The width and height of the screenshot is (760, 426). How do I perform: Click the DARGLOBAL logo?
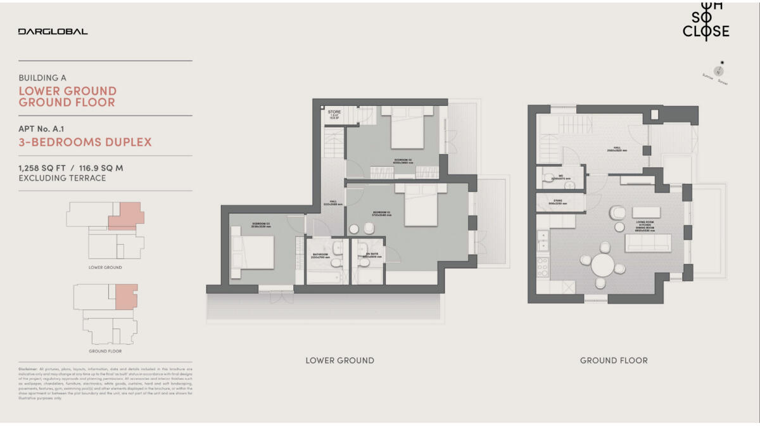point(53,31)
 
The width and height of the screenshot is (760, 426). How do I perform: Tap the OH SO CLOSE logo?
point(706,23)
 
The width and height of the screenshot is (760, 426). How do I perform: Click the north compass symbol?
point(719,70)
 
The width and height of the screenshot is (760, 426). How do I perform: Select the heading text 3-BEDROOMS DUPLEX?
point(85,142)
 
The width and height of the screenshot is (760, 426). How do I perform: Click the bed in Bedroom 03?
point(253,252)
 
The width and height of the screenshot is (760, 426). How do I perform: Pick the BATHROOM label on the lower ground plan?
point(319,257)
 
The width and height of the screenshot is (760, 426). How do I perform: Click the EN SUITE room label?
point(368,257)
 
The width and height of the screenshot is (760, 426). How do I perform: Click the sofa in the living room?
point(647,243)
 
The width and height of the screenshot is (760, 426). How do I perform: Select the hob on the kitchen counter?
point(542,267)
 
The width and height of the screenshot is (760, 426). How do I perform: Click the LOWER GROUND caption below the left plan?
point(339,361)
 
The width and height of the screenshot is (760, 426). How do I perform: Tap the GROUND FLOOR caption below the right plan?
point(614,361)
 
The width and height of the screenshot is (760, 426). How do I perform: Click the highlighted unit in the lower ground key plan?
point(127,216)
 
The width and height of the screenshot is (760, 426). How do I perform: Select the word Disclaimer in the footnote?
point(30,368)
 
